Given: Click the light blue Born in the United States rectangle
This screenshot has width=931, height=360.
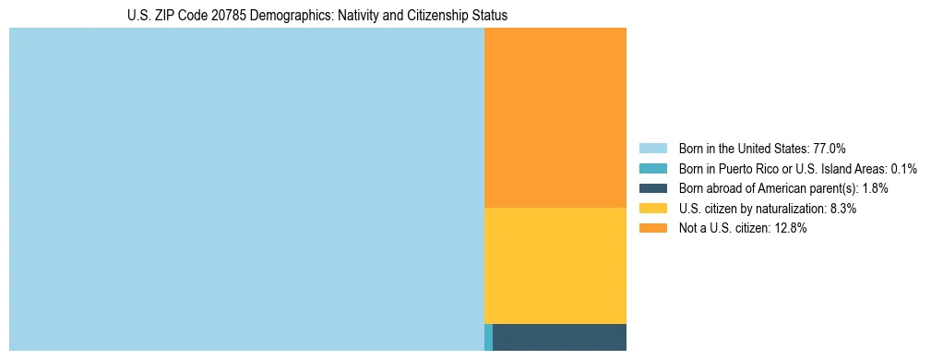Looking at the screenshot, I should tap(246, 189).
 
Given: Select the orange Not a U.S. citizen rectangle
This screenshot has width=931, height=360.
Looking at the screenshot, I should tap(555, 117).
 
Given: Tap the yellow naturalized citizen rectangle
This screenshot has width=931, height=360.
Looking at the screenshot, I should tap(555, 266).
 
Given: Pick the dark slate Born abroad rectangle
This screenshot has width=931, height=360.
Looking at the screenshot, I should tap(559, 337).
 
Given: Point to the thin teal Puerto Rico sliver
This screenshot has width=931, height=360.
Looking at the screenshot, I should tap(488, 337).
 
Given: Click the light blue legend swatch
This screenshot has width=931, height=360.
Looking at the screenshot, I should tap(652, 148).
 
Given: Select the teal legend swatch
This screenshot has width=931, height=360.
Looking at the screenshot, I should tap(652, 168).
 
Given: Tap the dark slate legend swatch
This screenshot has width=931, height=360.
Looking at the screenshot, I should tap(652, 188).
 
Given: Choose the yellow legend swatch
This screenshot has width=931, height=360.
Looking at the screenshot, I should tap(652, 209).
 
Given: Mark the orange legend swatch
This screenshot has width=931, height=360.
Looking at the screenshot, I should tap(652, 229).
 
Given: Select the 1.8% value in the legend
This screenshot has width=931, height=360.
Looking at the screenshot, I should tap(876, 188).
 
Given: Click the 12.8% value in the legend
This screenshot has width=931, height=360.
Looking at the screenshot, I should tap(791, 229).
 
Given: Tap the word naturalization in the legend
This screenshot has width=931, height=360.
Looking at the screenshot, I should tap(793, 209).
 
